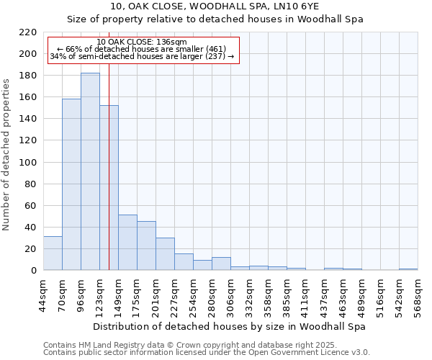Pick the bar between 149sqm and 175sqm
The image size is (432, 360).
coord(127,242)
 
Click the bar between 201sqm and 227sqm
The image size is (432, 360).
coord(165,253)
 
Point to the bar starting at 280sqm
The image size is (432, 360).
coord(221,264)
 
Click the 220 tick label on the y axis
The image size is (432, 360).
coord(29,32)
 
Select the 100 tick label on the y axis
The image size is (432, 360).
coord(29,162)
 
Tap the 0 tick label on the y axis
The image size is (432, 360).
coord(34,270)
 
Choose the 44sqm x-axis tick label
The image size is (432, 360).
coord(44,293)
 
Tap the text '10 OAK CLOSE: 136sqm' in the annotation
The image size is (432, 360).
coord(141,42)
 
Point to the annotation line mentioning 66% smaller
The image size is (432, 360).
coord(141,49)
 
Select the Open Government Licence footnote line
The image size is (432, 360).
coord(206,352)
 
